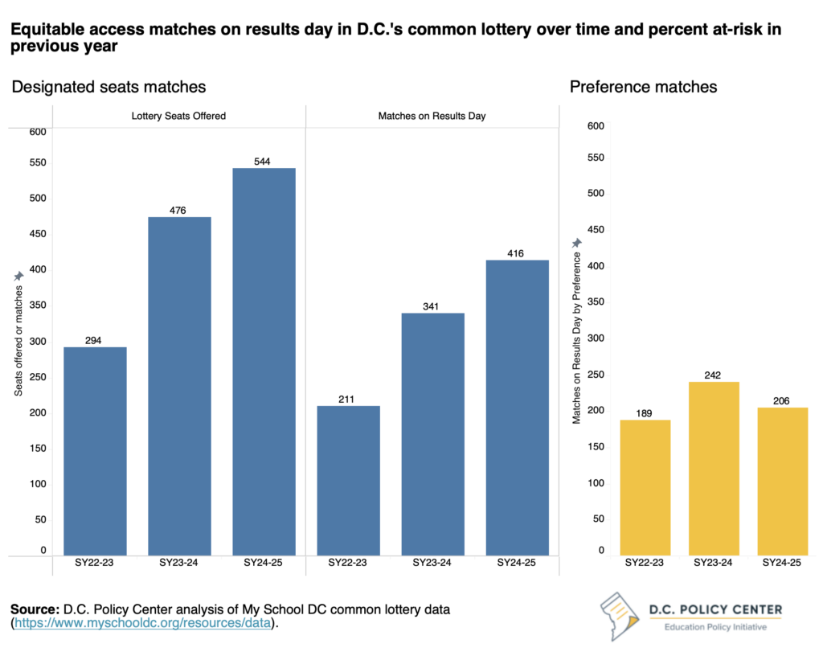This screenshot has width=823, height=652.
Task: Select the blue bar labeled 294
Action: (x=95, y=450)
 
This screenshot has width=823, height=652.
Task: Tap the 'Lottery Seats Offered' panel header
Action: (x=178, y=116)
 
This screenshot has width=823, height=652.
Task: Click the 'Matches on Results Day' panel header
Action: (x=432, y=116)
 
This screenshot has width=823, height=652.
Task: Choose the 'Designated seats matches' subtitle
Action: (x=109, y=87)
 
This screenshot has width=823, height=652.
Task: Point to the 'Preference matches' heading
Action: (x=643, y=87)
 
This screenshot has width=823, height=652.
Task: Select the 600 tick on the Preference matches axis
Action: (x=596, y=125)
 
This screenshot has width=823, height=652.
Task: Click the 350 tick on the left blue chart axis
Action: (x=38, y=305)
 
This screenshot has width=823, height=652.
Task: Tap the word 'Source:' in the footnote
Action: (x=37, y=609)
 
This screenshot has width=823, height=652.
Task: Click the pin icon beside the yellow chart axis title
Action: (x=575, y=244)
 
